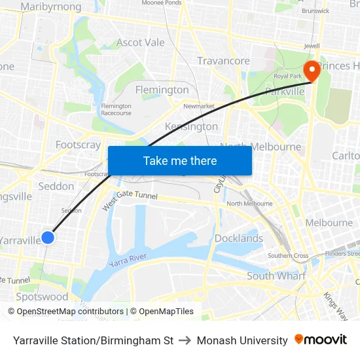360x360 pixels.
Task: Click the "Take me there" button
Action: pyautogui.click(x=180, y=160)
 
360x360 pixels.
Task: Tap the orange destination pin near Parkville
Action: pyautogui.click(x=311, y=71)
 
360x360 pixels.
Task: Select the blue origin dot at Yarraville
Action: pyautogui.click(x=48, y=238)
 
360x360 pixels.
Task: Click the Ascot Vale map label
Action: pyautogui.click(x=140, y=43)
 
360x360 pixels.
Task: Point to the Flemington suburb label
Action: pyautogui.click(x=162, y=90)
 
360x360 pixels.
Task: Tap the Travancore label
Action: pyautogui.click(x=223, y=61)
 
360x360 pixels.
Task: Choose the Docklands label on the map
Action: pyautogui.click(x=239, y=238)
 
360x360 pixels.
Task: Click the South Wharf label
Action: pyautogui.click(x=276, y=276)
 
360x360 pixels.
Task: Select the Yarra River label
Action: pyautogui.click(x=128, y=259)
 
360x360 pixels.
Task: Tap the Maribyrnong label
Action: pyautogui.click(x=51, y=7)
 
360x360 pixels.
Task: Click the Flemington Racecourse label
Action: pyautogui.click(x=116, y=109)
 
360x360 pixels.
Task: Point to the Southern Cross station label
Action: pyautogui.click(x=288, y=255)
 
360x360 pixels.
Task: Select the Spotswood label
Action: pyautogui.click(x=42, y=297)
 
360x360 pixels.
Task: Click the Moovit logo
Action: pyautogui.click(x=321, y=340)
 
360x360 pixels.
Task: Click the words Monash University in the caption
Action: pyautogui.click(x=242, y=340)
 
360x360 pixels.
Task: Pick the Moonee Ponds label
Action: pyautogui.click(x=162, y=3)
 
